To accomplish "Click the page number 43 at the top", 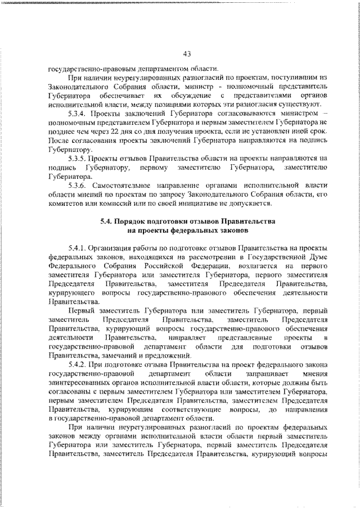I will pos(187,53).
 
